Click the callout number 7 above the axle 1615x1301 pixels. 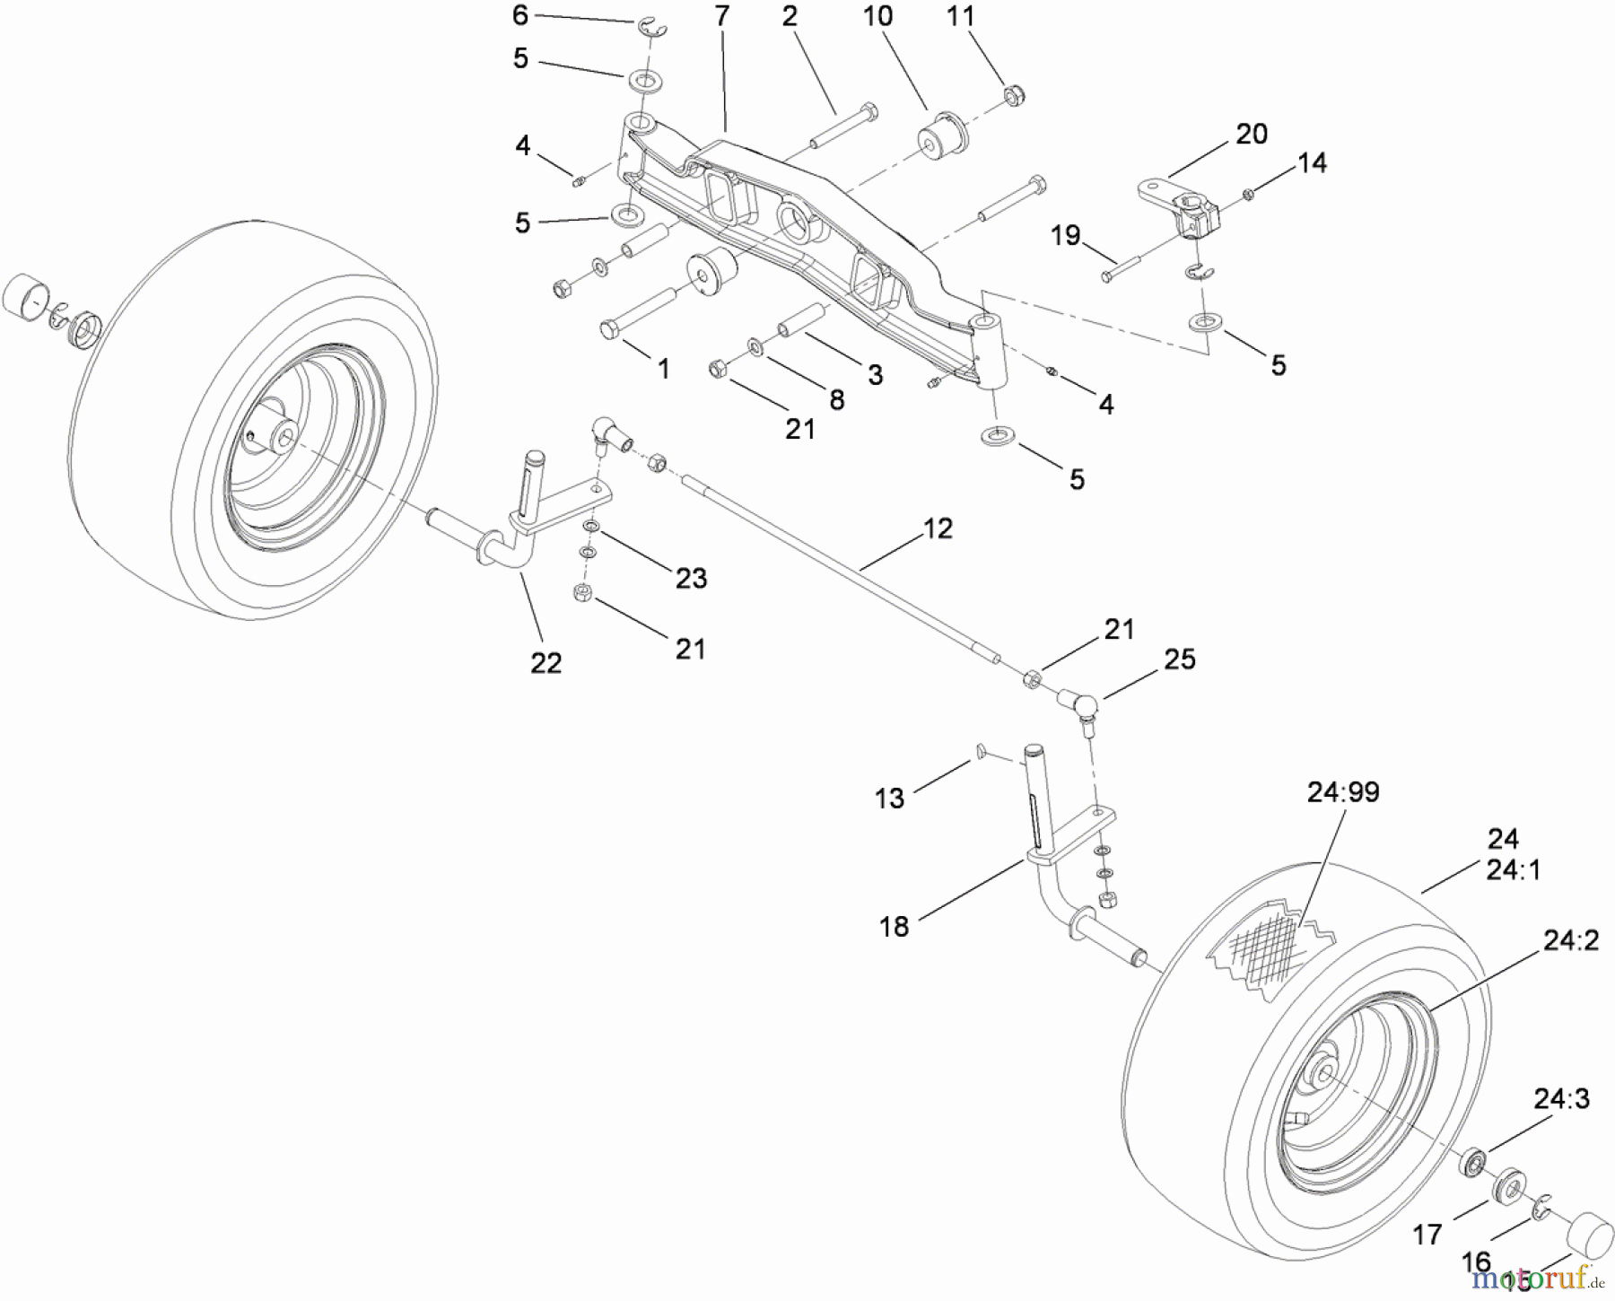721,16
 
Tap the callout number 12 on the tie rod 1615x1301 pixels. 938,528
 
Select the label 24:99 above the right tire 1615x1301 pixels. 1342,792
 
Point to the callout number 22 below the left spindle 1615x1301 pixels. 546,663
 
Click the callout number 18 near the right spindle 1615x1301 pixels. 895,926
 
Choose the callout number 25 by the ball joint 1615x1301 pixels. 1180,659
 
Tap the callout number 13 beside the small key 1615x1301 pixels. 889,798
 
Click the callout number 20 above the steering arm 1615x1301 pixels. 1252,135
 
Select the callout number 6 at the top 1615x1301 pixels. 520,15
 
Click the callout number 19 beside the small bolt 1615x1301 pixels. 1065,237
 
